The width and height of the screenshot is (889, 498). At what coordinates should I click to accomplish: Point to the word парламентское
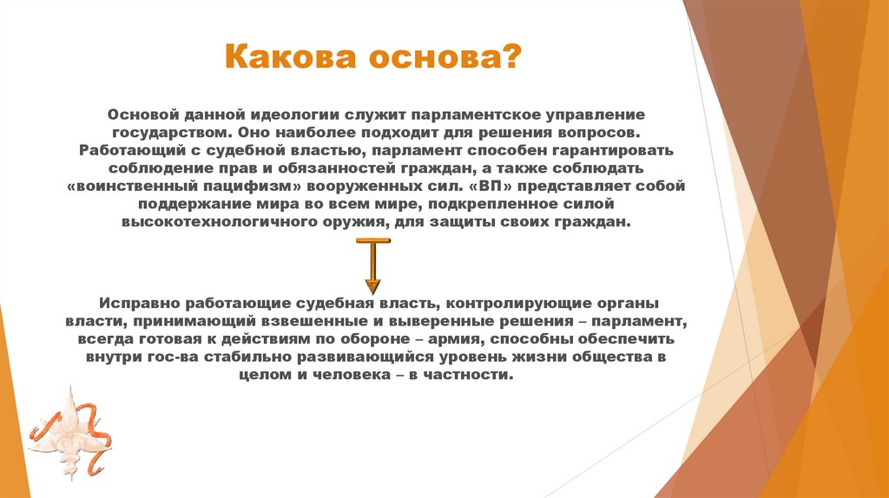pos(472,115)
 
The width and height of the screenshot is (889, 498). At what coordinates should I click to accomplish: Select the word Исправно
pos(136,304)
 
